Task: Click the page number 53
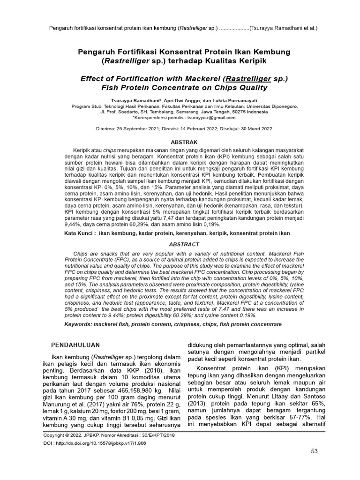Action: (x=314, y=451)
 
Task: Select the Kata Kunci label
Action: (x=80, y=233)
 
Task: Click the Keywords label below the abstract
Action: (x=82, y=324)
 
